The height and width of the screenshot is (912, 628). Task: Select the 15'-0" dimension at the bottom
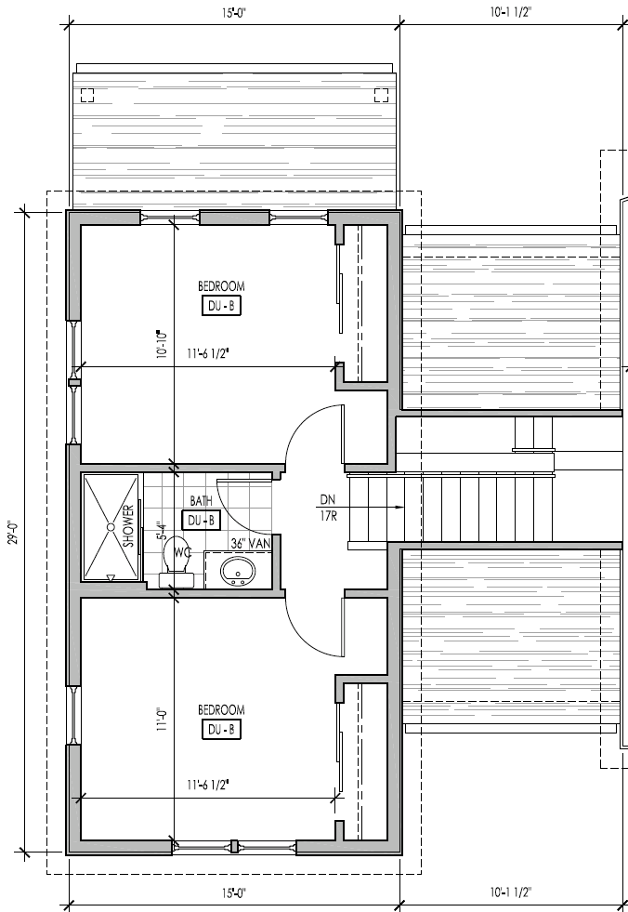click(x=234, y=893)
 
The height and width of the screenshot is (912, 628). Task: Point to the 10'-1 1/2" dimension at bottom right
click(x=510, y=893)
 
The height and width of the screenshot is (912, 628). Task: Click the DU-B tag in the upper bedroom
click(x=221, y=307)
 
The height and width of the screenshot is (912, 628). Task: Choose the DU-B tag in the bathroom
click(x=202, y=521)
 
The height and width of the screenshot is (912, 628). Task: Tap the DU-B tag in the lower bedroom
click(x=221, y=730)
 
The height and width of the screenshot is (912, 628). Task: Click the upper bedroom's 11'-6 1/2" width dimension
click(x=208, y=354)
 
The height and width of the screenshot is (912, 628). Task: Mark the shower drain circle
click(x=111, y=527)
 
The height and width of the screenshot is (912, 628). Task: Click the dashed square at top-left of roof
click(x=87, y=94)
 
